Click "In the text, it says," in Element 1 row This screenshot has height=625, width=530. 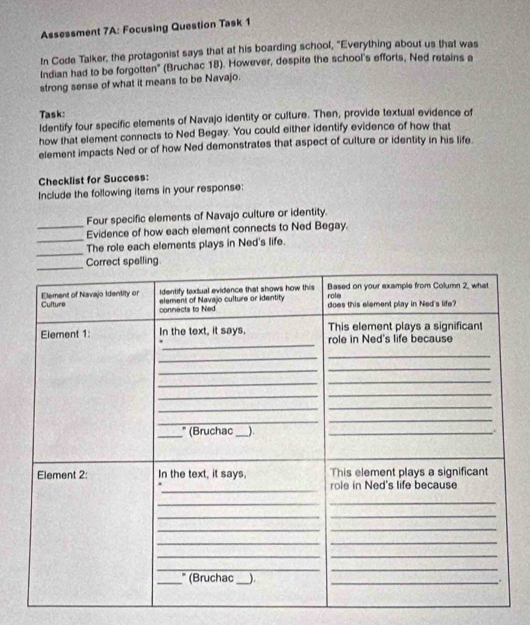click(x=202, y=330)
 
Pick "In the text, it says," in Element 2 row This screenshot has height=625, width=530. click(x=202, y=474)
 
